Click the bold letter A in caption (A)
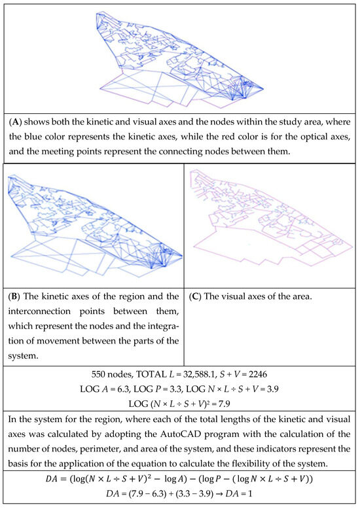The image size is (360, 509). point(15,122)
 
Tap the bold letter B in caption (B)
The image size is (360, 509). point(15,296)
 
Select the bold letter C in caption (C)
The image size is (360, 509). point(195,296)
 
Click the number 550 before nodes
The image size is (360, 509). point(98,374)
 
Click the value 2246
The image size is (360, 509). point(258,374)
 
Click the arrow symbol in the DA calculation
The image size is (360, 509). point(219,494)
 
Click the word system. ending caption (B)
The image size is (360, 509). point(23,356)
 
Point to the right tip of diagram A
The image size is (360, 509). point(263,88)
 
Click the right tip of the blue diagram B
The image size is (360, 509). point(182,256)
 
